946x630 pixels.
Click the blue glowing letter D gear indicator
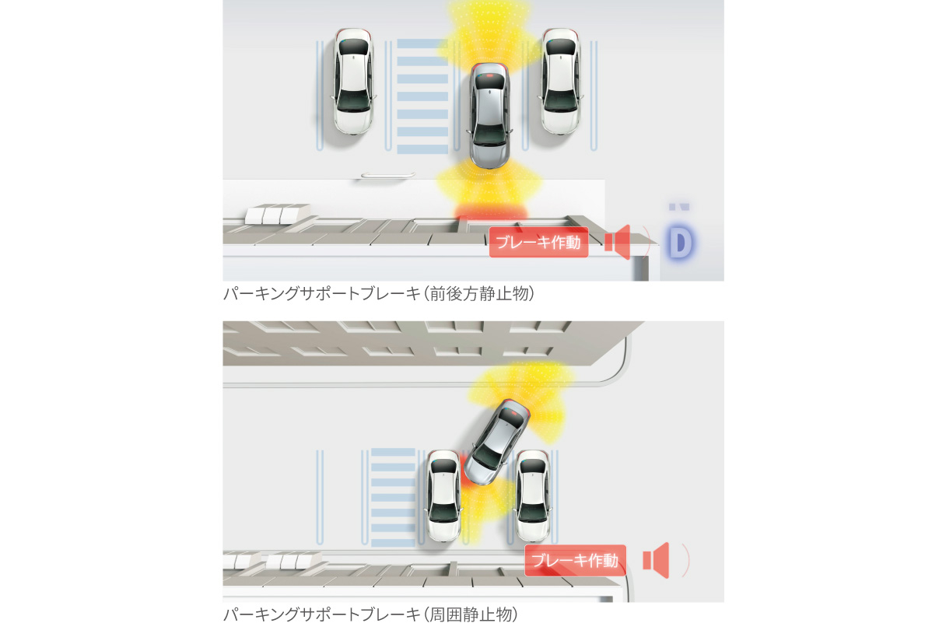[x=680, y=243]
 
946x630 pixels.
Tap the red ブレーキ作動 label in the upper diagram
[x=538, y=243]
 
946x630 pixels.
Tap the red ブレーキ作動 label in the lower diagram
[x=575, y=560]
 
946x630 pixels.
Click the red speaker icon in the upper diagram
[x=618, y=242]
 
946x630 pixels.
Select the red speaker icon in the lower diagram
[x=656, y=560]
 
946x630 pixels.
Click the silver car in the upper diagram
[x=489, y=115]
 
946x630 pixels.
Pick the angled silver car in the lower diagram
[x=496, y=442]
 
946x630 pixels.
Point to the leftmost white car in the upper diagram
[x=353, y=82]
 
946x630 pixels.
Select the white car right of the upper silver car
[x=560, y=82]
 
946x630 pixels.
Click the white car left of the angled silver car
[x=443, y=495]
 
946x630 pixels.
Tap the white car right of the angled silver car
[x=533, y=495]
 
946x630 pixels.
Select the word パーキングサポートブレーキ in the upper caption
[x=322, y=293]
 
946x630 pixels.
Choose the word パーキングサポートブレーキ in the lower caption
[x=322, y=614]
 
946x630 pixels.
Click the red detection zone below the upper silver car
[x=491, y=211]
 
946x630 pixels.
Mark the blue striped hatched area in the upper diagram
[x=422, y=96]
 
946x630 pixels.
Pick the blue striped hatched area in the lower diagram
[x=393, y=498]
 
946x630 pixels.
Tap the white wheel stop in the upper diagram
[x=388, y=175]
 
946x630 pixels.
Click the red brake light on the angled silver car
[x=513, y=411]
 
